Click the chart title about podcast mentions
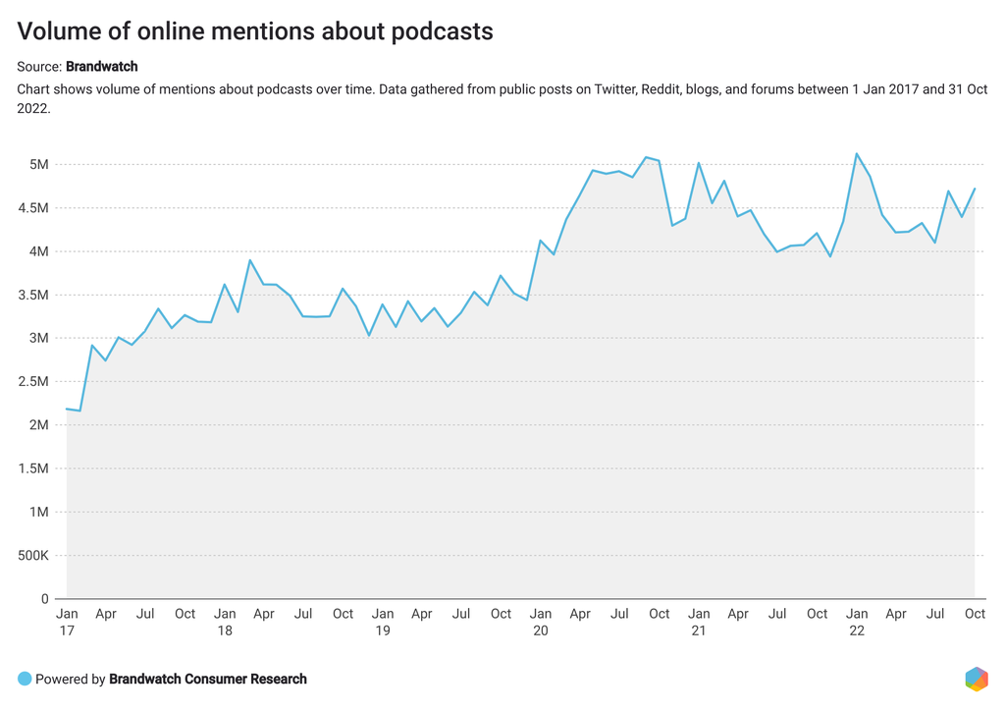tap(255, 31)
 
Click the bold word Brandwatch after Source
tap(101, 67)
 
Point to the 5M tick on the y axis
tap(38, 164)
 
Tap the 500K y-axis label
tap(30, 556)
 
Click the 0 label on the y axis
tap(44, 599)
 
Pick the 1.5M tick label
tap(32, 468)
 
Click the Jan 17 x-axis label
tap(67, 622)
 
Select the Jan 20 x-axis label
tap(540, 622)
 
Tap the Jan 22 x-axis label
tap(856, 622)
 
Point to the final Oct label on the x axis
tap(975, 614)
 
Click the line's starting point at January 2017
tap(67, 409)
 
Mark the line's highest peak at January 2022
tap(857, 153)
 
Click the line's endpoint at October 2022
tap(975, 189)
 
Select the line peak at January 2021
tap(699, 163)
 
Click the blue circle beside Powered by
tap(25, 679)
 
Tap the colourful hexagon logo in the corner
tap(976, 679)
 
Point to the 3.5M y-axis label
tap(32, 295)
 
